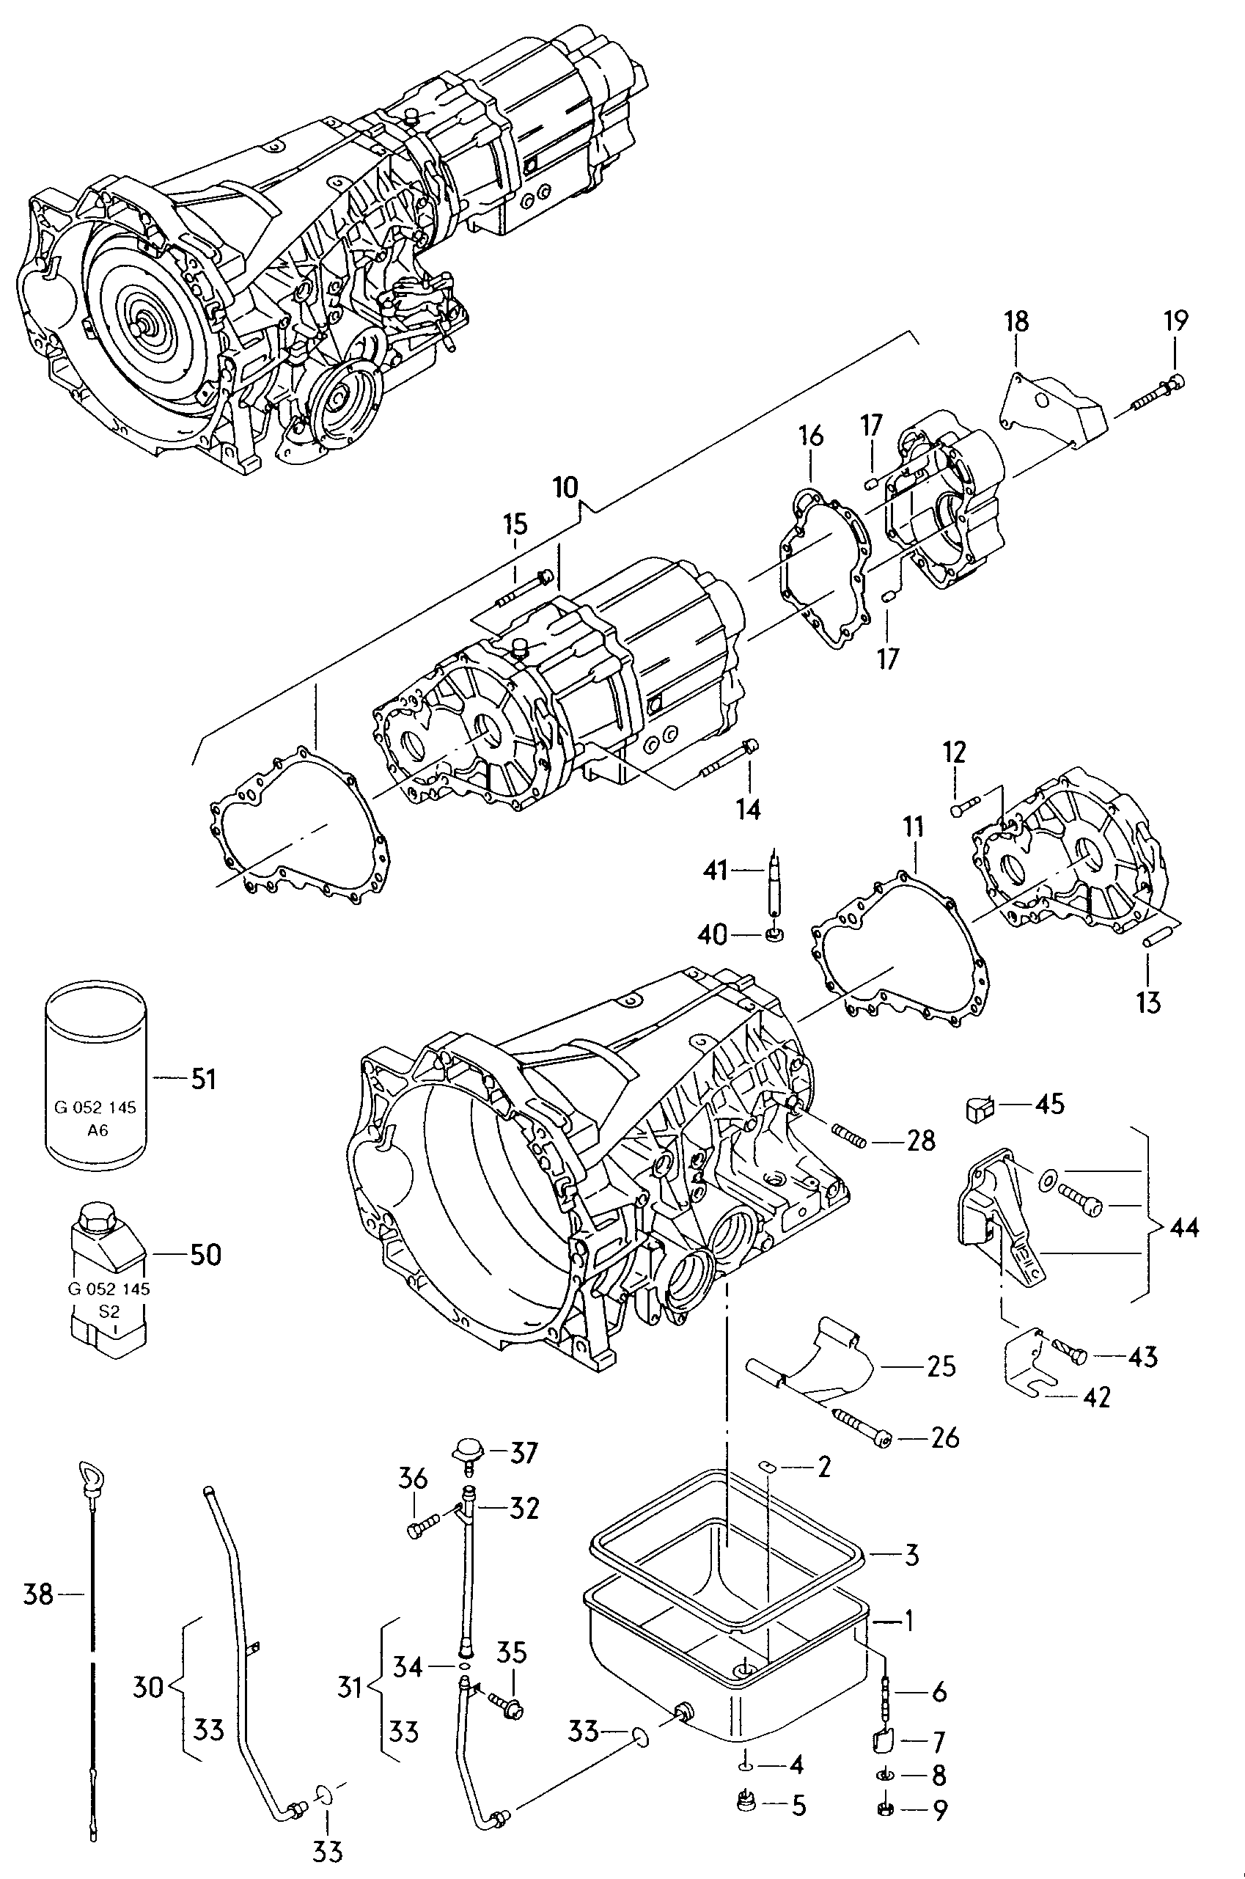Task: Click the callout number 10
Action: pos(565,487)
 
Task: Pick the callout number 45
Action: pos(1049,1103)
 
